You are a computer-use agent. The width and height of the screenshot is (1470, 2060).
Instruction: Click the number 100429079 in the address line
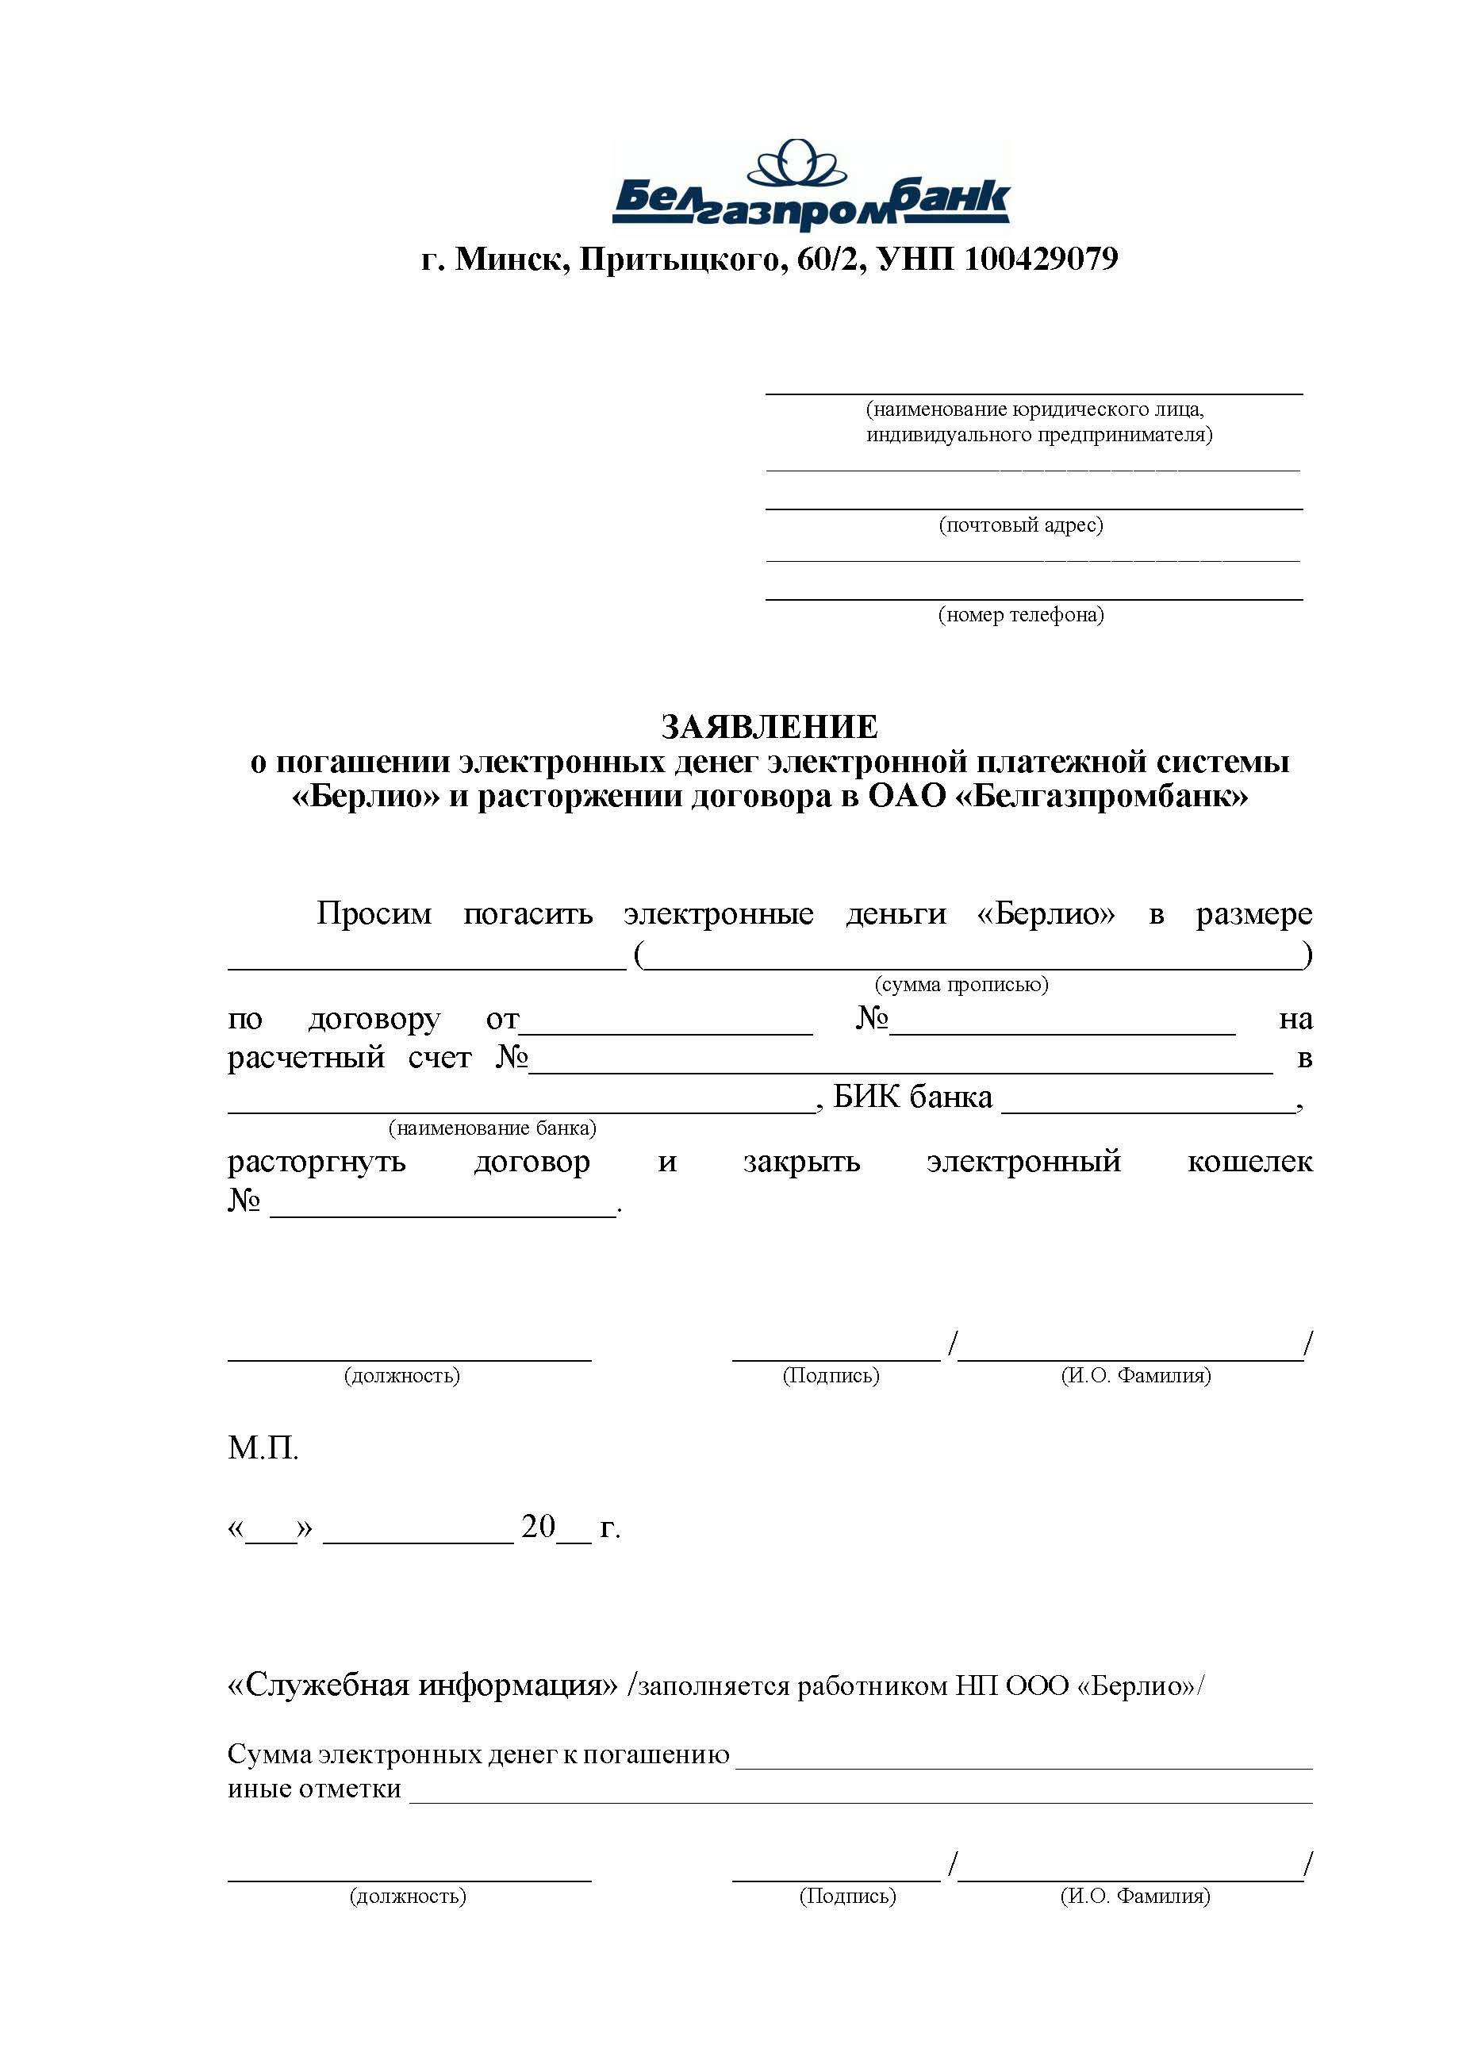(1041, 259)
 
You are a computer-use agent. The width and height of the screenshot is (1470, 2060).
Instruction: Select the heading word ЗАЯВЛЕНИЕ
(770, 727)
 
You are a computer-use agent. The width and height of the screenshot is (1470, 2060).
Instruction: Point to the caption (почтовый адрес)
(1021, 525)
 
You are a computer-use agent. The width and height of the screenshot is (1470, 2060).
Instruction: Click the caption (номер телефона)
(1021, 615)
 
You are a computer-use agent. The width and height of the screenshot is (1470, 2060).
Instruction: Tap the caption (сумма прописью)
(961, 984)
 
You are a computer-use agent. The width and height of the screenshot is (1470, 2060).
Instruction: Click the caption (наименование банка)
(493, 1128)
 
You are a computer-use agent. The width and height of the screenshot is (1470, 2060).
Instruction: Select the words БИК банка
(912, 1097)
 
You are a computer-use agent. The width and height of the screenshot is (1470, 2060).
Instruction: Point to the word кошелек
(1249, 1161)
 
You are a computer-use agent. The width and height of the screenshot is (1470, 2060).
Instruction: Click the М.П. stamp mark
(263, 1448)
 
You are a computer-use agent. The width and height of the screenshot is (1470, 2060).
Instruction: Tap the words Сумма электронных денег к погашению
(478, 1754)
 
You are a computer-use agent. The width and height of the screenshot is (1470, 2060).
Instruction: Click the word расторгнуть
(317, 1161)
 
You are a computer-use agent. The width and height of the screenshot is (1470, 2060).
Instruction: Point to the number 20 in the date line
(538, 1527)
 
